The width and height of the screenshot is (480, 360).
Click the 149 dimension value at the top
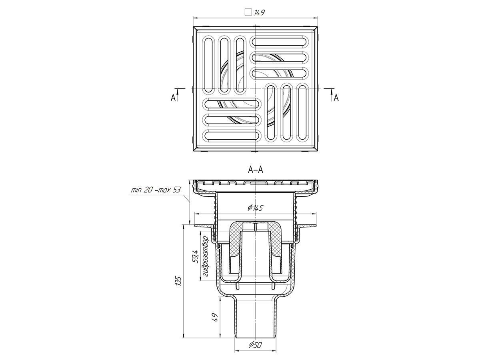[x=259, y=13]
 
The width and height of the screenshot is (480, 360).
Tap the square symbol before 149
[x=248, y=12]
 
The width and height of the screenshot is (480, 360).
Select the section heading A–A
[x=256, y=169]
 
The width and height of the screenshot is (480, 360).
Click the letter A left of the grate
[x=173, y=98]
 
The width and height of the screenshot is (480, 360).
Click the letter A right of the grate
[x=336, y=98]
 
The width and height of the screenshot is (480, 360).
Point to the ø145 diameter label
[x=255, y=208]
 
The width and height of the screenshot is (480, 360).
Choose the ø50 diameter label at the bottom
[x=255, y=345]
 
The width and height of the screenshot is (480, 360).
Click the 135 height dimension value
[x=178, y=281]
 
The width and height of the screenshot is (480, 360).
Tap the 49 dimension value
[x=215, y=318]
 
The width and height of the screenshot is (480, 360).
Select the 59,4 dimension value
[x=195, y=257]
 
